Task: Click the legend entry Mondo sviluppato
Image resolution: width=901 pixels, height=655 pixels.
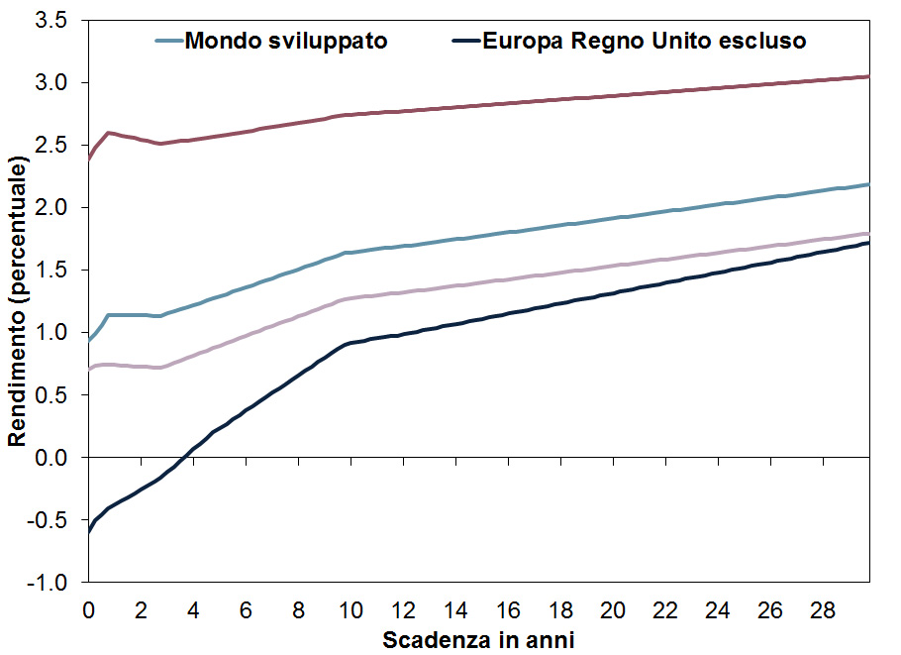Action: pos(285,41)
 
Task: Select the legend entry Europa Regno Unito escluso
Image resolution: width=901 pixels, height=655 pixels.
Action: pos(644,41)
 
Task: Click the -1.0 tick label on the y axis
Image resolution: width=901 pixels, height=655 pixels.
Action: pos(56,583)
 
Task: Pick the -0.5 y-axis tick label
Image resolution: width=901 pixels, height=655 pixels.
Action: pos(56,520)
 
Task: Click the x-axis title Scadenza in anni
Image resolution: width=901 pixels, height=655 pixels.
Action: pos(478,639)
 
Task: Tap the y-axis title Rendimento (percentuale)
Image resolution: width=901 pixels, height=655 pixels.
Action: pos(17,301)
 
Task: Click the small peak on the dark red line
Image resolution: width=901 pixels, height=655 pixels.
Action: pos(108,132)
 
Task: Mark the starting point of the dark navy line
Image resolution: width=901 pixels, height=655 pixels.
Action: pos(89,531)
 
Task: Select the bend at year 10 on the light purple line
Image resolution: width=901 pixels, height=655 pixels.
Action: pos(345,298)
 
